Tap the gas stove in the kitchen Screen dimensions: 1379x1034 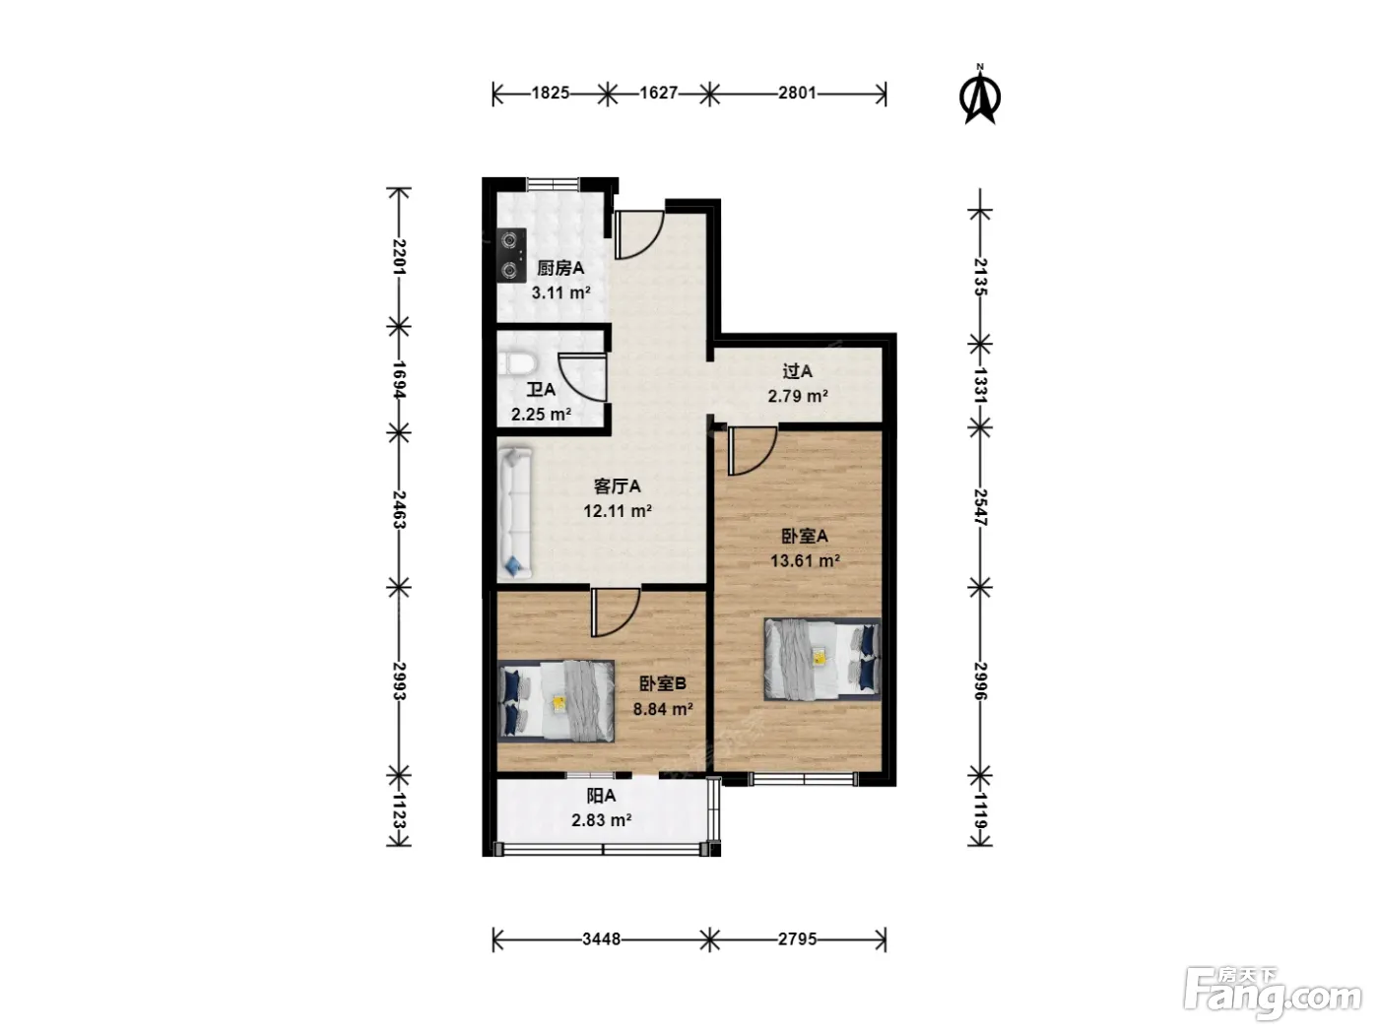511,255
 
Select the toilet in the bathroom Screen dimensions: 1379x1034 518,364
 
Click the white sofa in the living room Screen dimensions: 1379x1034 515,512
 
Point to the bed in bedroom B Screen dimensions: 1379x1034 556,700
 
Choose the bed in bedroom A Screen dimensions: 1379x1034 822,659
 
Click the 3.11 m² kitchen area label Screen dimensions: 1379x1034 561,292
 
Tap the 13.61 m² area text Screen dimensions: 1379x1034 805,560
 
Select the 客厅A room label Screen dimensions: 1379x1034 617,486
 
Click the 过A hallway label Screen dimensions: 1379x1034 797,371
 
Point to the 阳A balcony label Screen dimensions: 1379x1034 601,796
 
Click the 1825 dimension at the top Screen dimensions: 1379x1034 551,93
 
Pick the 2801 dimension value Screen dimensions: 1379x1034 797,93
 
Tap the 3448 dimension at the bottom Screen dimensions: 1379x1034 601,939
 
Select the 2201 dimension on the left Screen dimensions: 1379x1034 399,257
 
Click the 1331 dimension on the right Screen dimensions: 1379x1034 980,385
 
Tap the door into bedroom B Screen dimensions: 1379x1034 615,613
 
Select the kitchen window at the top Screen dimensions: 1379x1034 553,183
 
